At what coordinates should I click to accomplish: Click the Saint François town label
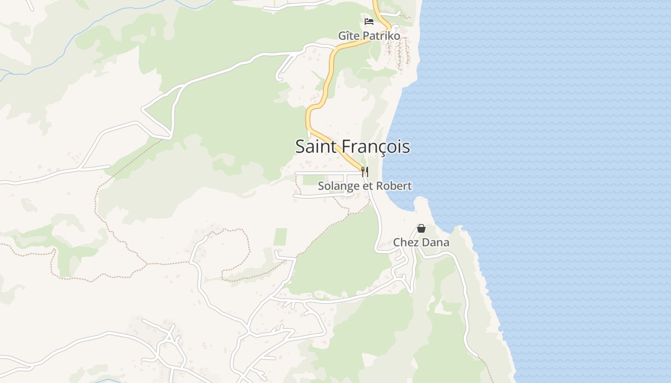coord(352,146)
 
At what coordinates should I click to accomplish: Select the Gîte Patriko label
coord(369,36)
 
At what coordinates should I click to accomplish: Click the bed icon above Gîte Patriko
coord(369,21)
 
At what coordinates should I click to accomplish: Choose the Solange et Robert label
coord(365,186)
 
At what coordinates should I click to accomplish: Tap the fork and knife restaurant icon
coord(365,171)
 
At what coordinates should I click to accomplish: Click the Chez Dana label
coord(421,242)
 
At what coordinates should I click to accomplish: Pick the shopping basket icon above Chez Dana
coord(421,228)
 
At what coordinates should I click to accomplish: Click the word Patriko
coord(382,36)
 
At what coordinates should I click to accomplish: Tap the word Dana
coord(436,242)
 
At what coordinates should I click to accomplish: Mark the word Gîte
coord(349,36)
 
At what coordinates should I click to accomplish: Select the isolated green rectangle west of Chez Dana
coord(280,237)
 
